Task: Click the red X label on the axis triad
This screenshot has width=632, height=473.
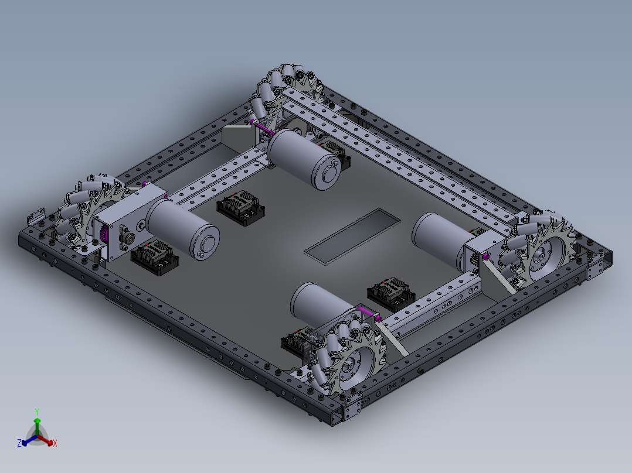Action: click(x=55, y=444)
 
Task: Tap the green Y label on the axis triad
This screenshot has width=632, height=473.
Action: click(x=36, y=412)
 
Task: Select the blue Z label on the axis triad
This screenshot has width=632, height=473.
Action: click(x=19, y=443)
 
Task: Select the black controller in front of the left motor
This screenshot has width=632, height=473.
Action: click(x=155, y=258)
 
